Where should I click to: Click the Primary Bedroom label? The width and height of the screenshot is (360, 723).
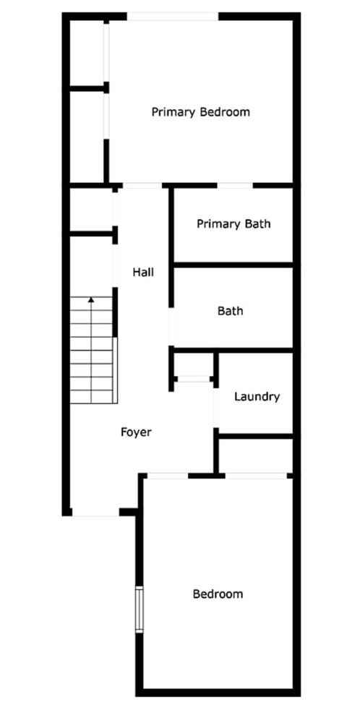201,112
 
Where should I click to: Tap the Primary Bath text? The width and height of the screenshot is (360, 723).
233,224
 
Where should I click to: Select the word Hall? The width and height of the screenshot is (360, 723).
143,272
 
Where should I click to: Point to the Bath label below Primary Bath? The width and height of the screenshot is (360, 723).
231,311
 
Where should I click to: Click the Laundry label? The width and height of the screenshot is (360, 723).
257,396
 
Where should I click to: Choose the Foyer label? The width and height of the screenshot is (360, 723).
136,432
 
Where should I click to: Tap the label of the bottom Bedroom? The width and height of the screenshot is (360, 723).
218,594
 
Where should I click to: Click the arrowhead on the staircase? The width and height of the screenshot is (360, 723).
91,300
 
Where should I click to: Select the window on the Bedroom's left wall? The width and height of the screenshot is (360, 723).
140,609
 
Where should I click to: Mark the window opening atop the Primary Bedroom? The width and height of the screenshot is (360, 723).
173,17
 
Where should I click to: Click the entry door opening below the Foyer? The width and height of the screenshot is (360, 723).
96,513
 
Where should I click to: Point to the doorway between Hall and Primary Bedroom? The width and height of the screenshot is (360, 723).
142,186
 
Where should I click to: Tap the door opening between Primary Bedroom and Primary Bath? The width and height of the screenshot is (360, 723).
235,186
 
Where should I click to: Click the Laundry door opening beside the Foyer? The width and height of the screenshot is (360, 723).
215,408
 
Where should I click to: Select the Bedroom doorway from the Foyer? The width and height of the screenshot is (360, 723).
168,476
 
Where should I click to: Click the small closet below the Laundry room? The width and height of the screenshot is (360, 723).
256,455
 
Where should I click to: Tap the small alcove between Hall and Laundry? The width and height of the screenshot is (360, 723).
194,364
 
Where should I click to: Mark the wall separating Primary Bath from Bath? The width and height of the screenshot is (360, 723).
233,265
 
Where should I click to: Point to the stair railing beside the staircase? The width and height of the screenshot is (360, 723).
115,370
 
